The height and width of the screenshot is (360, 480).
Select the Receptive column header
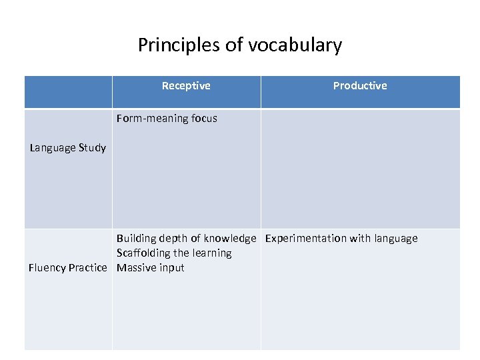click(186, 85)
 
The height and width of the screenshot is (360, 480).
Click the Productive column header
click(360, 85)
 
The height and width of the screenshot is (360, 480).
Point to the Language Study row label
click(68, 148)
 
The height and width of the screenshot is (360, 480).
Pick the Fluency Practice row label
click(67, 268)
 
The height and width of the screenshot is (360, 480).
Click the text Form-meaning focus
click(167, 119)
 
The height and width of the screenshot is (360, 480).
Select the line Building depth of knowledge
click(186, 239)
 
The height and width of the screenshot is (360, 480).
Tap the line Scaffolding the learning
click(174, 253)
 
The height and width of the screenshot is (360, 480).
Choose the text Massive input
click(151, 268)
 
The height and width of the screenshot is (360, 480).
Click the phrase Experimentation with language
click(341, 239)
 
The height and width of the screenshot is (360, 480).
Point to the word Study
click(93, 148)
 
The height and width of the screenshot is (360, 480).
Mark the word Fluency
click(47, 268)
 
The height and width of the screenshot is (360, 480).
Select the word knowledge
click(230, 239)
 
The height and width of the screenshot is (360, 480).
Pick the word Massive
click(135, 268)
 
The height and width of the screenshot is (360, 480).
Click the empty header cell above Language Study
click(68, 92)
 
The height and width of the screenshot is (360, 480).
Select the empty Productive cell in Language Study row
click(360, 169)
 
